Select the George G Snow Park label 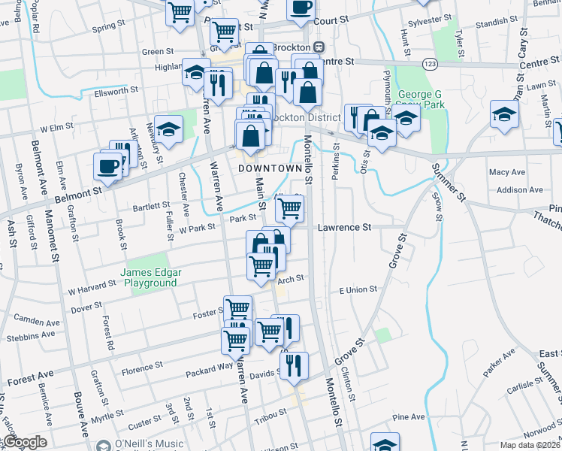(x=420, y=100)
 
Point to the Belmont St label (x=78, y=193)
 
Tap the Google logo (x=24, y=442)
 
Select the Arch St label (x=290, y=279)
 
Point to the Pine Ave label (x=408, y=416)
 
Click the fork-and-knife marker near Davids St (x=294, y=365)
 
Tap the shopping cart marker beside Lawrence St (x=289, y=208)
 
